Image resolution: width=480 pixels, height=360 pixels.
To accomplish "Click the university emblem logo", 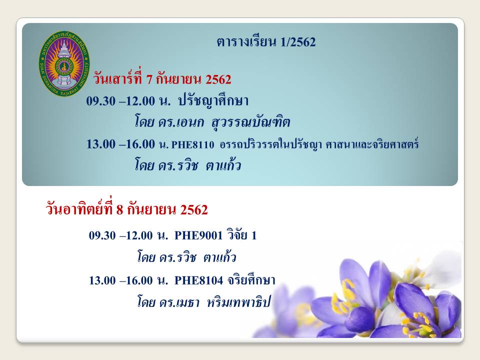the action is [64, 63].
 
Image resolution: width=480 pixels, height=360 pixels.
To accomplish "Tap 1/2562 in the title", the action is [297, 42].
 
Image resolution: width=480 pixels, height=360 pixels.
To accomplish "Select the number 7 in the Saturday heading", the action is [149, 79].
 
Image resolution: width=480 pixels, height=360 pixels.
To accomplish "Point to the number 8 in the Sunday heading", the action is [119, 209].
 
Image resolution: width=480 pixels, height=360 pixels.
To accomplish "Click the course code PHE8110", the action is [192, 144].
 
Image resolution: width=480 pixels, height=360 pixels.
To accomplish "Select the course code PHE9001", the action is [198, 235].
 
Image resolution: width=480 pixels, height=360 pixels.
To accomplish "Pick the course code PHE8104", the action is [198, 280].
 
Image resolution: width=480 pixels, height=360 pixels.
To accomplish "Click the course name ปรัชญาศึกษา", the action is [213, 100].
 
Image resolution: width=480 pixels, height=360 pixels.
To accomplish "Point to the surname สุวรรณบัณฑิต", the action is [250, 122].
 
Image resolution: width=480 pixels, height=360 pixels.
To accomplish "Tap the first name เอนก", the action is [190, 122].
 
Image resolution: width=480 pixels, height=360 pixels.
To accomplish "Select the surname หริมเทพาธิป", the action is [239, 302].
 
